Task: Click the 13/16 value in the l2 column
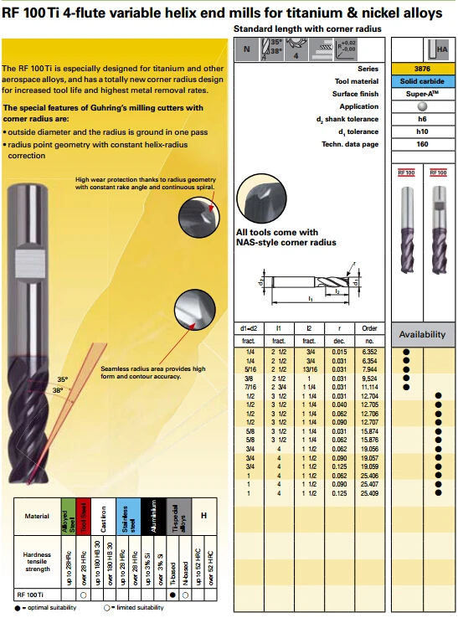(309, 368)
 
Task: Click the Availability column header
(423, 334)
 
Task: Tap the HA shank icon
(436, 49)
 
